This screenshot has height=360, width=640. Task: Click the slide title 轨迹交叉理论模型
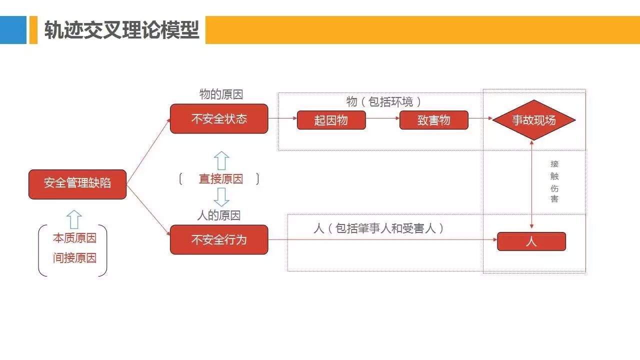[x=121, y=30]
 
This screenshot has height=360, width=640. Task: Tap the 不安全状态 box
[x=219, y=119]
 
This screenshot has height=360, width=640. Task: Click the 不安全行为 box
[x=219, y=239]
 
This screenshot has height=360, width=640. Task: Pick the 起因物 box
[x=331, y=120]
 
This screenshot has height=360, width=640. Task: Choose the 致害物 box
[x=433, y=120]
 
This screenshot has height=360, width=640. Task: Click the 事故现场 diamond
[x=533, y=120]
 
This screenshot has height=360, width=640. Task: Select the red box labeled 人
[x=531, y=241]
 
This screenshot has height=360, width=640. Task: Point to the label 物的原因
[x=221, y=94]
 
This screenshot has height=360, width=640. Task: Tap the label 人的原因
[x=219, y=215]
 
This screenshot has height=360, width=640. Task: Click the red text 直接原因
[x=220, y=179]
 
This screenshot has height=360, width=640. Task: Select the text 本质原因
[x=74, y=238]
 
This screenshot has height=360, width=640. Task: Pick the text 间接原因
[x=74, y=258]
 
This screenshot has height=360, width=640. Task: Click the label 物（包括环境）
[x=383, y=101]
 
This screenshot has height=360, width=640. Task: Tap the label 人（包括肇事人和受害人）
[x=378, y=228]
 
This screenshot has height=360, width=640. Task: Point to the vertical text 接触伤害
[x=554, y=181]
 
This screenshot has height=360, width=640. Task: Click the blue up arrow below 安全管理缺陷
[x=74, y=219]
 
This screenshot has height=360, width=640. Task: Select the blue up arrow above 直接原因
[x=221, y=161]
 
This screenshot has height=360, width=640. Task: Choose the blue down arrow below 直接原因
[x=221, y=197]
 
